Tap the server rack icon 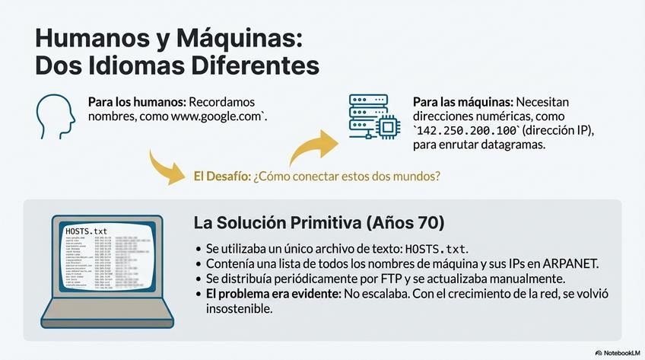click(x=364, y=116)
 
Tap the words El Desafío click(x=221, y=176)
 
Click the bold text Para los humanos click(x=136, y=102)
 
